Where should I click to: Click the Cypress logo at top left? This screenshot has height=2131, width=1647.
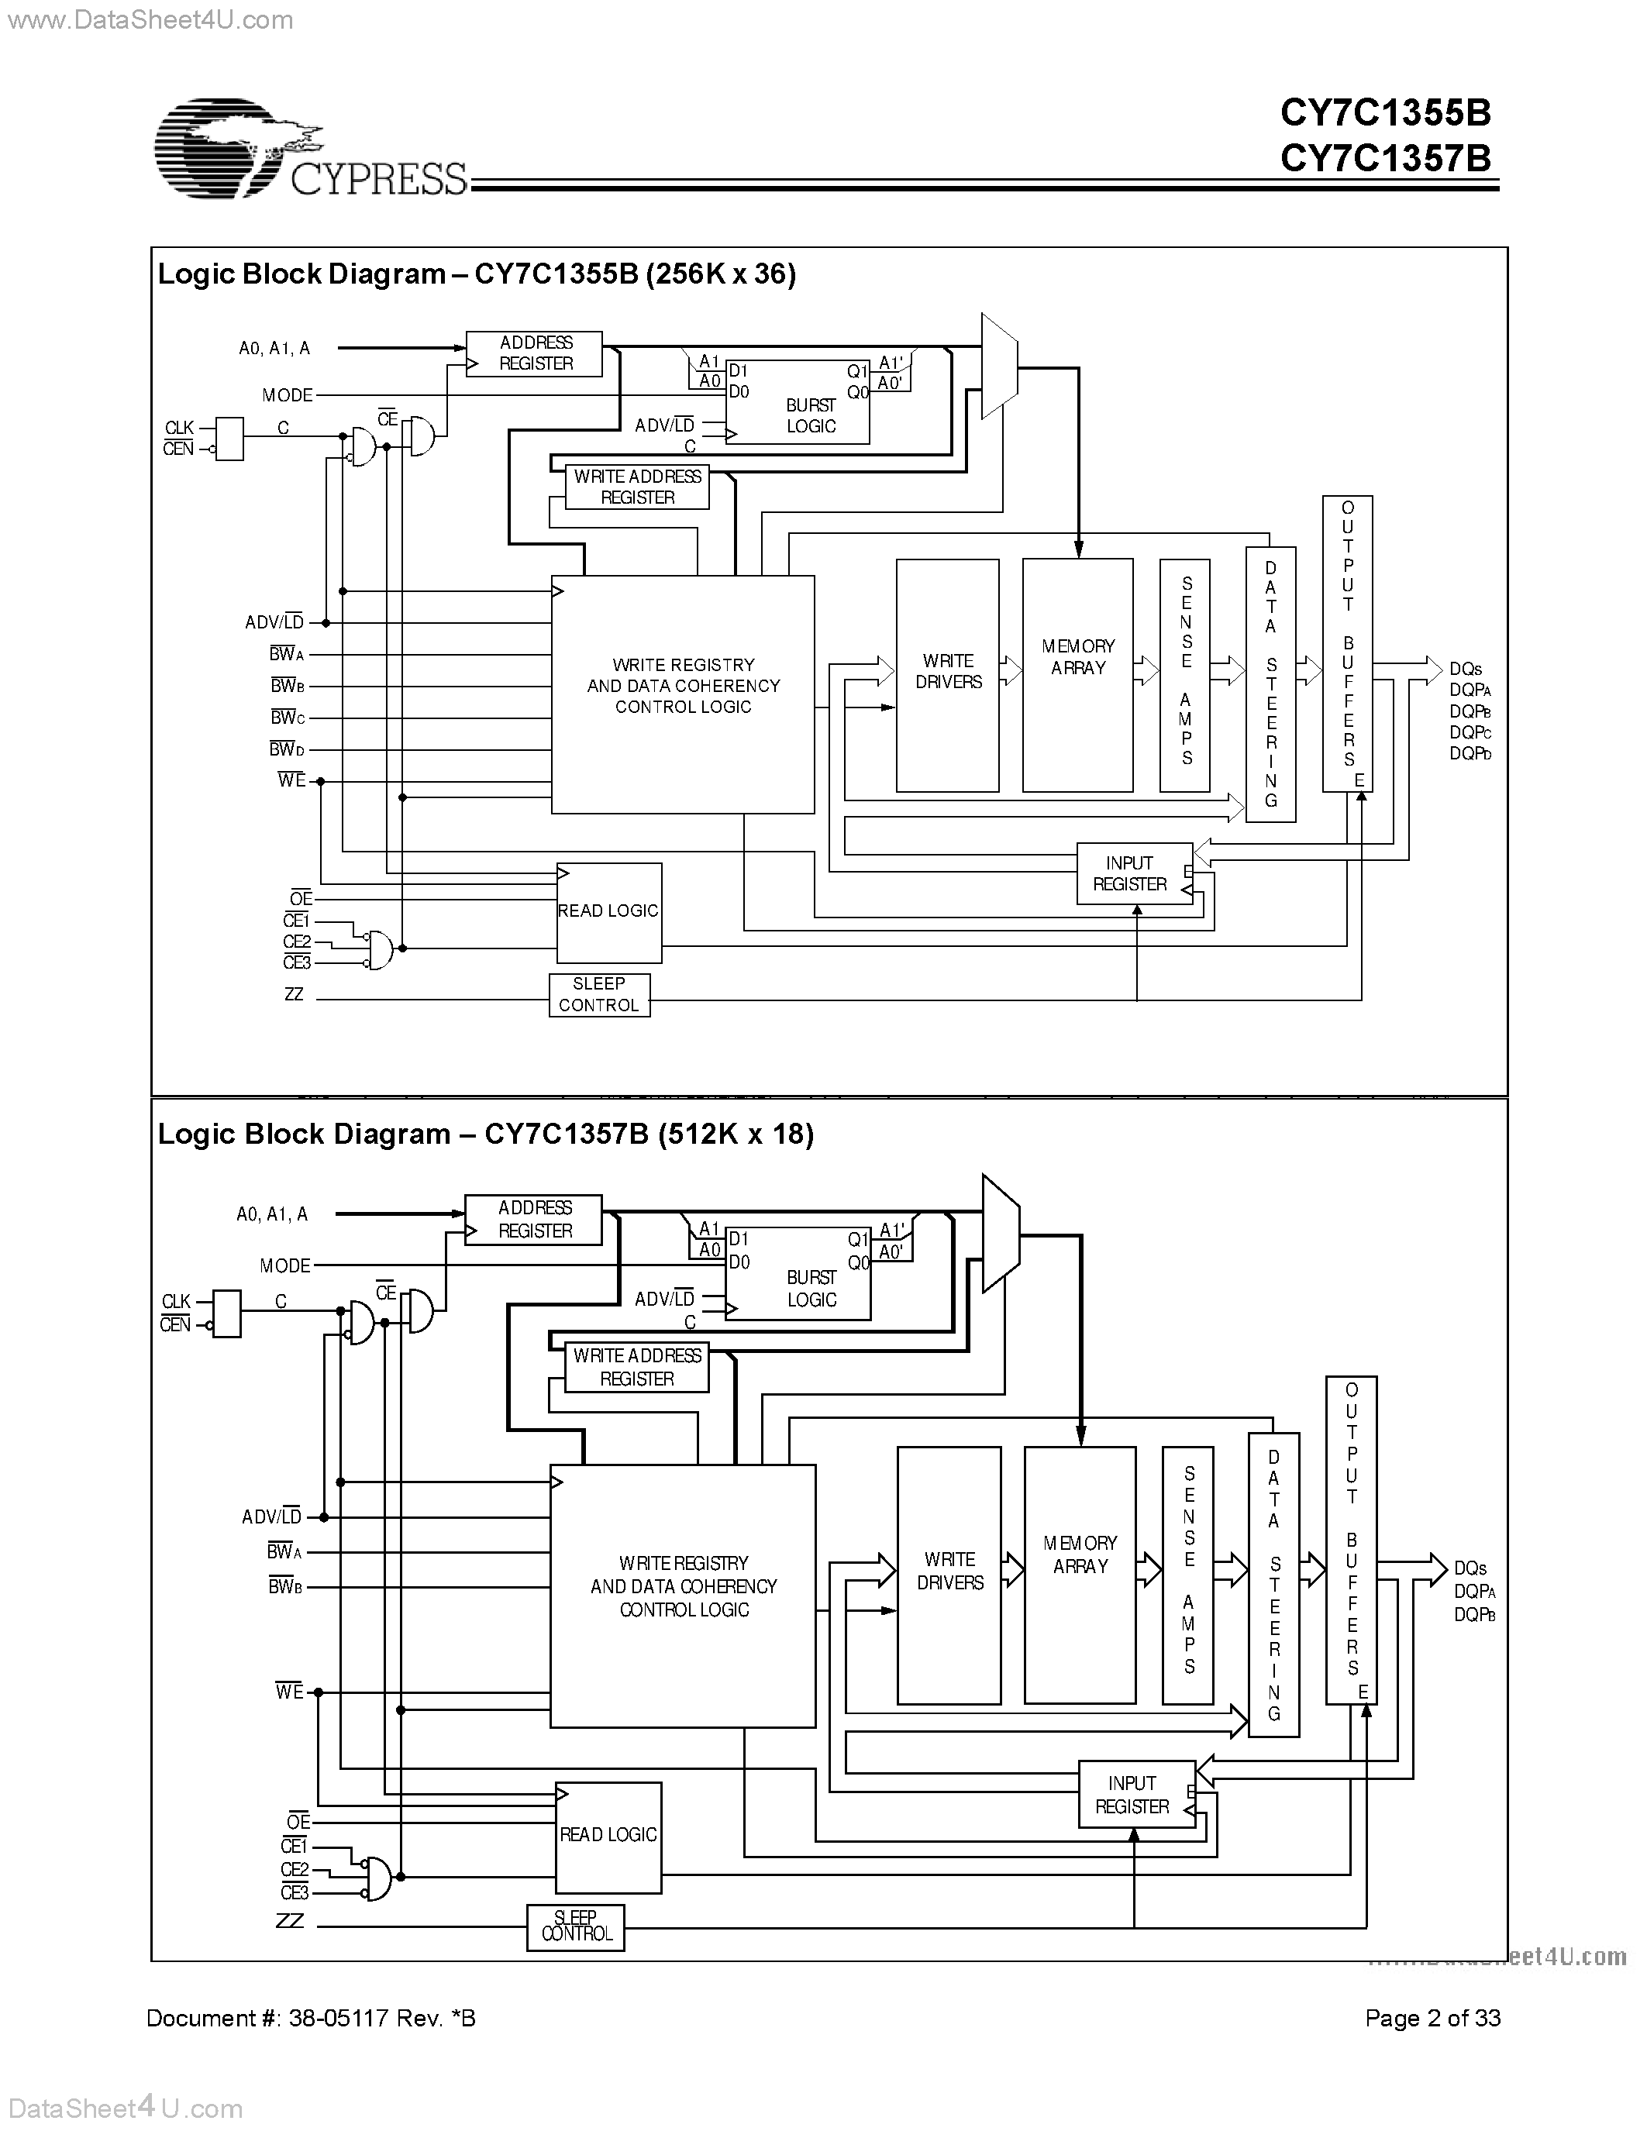[x=310, y=148]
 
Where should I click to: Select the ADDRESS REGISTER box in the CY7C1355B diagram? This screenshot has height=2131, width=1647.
[x=534, y=353]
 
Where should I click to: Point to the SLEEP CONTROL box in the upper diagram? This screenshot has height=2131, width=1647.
[x=598, y=995]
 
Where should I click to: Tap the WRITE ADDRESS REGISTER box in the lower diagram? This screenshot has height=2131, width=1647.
[x=637, y=1367]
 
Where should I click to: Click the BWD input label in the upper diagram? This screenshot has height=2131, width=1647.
[x=287, y=749]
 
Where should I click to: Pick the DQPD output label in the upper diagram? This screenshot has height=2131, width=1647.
[x=1470, y=754]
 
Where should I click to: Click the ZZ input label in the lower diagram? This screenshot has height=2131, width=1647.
[x=290, y=1920]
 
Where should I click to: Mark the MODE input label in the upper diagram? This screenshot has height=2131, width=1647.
[x=287, y=395]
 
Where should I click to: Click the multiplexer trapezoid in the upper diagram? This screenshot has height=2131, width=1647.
[x=998, y=366]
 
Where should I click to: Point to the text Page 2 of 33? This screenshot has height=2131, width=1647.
[x=1432, y=2018]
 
